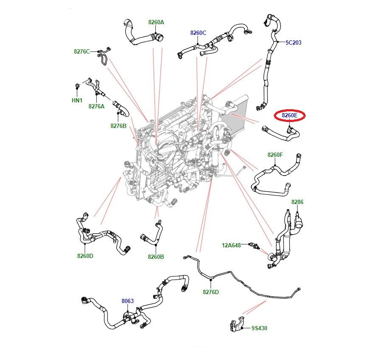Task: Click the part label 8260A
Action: click(x=156, y=22)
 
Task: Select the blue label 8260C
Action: click(x=198, y=33)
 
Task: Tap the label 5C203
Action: click(x=293, y=43)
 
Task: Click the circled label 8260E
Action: click(x=290, y=115)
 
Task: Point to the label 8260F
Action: click(x=275, y=155)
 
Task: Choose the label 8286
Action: click(x=297, y=202)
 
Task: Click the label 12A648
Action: click(x=231, y=245)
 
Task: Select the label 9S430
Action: click(x=259, y=328)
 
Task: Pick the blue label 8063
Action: click(x=127, y=301)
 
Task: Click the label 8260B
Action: click(x=156, y=257)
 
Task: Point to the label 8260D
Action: click(x=85, y=256)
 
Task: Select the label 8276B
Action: click(x=118, y=126)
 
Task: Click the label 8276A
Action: click(x=96, y=106)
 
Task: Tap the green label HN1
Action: click(x=77, y=101)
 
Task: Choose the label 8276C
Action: click(x=82, y=51)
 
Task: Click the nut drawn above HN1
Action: click(x=77, y=87)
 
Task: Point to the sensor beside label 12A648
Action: click(x=254, y=246)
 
